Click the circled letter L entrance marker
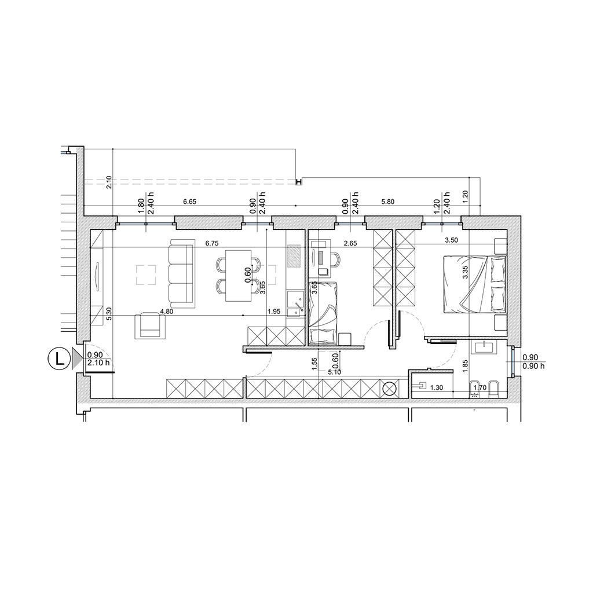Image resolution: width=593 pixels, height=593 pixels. coord(60,358)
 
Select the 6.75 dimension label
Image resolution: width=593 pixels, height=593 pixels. coord(212,244)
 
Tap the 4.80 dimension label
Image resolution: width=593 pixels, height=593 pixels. coord(167,312)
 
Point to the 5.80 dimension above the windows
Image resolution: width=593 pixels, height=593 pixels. coord(388,202)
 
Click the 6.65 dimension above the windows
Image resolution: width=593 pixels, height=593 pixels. coord(189,202)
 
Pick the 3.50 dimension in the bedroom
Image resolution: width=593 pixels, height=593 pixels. coord(452,240)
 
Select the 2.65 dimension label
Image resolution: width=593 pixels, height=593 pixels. coord(350,244)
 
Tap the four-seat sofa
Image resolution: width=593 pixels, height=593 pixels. coord(182,273)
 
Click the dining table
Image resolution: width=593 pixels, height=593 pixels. coord(239,275)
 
